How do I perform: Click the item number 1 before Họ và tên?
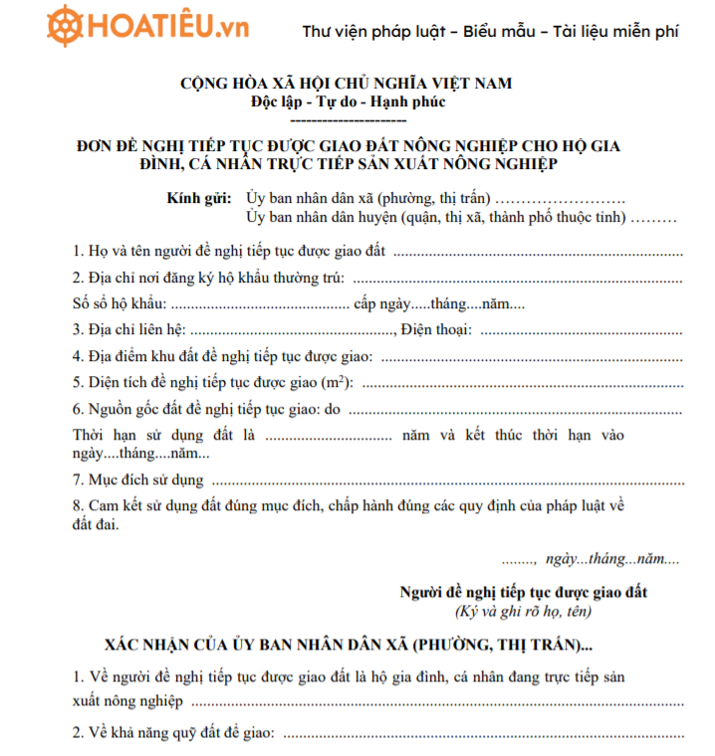coord(79,252)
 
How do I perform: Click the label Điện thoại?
coord(436,330)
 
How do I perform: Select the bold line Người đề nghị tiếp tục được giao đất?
coord(523,592)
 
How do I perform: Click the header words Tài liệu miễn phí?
coord(615,31)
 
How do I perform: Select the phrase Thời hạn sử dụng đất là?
coord(165,435)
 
